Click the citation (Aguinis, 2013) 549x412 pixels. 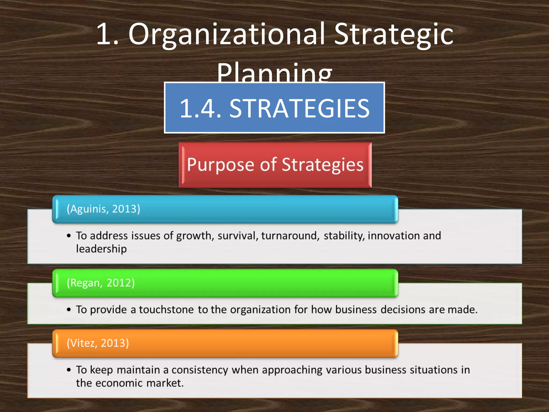pos(103,209)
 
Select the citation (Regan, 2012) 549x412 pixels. pos(101,283)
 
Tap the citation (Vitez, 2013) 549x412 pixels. pos(98,343)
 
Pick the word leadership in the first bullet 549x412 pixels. pos(101,249)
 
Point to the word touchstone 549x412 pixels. pos(166,310)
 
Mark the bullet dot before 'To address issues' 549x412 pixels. pos(69,236)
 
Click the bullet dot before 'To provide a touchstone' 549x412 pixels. pos(69,310)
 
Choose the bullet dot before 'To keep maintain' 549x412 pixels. pos(69,370)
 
